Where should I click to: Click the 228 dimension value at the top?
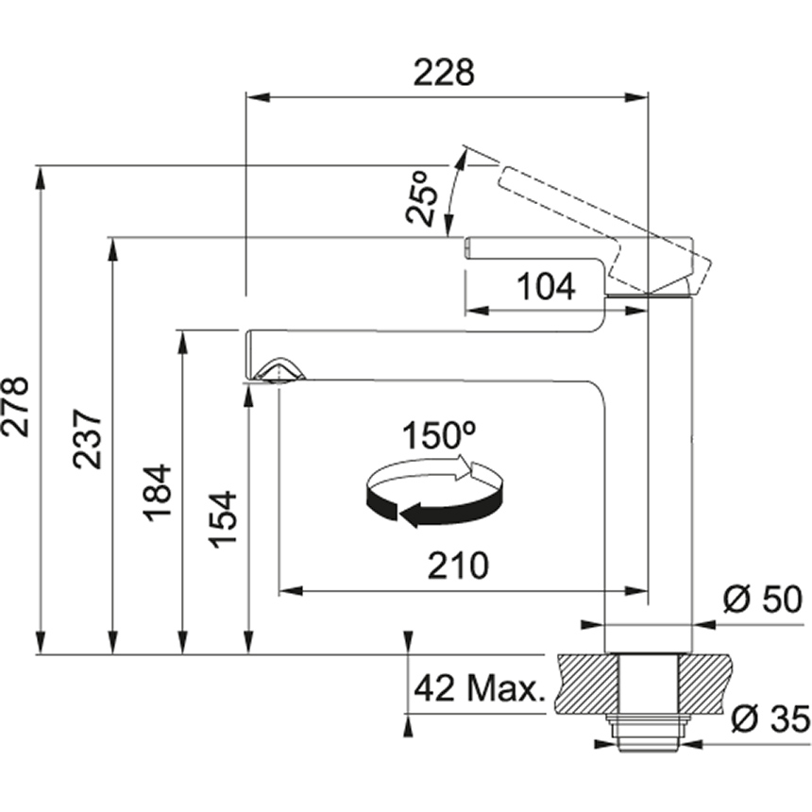pos(444,73)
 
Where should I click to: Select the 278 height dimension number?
pos(15,408)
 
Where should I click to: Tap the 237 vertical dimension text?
pos(87,439)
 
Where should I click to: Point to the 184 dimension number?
pos(157,493)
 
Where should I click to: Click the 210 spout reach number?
pos(458,565)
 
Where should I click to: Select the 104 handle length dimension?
pos(547,286)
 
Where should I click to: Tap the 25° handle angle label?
pos(421,196)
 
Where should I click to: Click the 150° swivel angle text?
pos(439,435)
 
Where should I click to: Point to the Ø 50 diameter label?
pos(763,600)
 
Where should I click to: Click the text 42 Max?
pos(480,688)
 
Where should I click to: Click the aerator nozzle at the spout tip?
pos(279,371)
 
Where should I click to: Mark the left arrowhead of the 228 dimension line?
pos(259,97)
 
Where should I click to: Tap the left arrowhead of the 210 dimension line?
pos(291,591)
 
